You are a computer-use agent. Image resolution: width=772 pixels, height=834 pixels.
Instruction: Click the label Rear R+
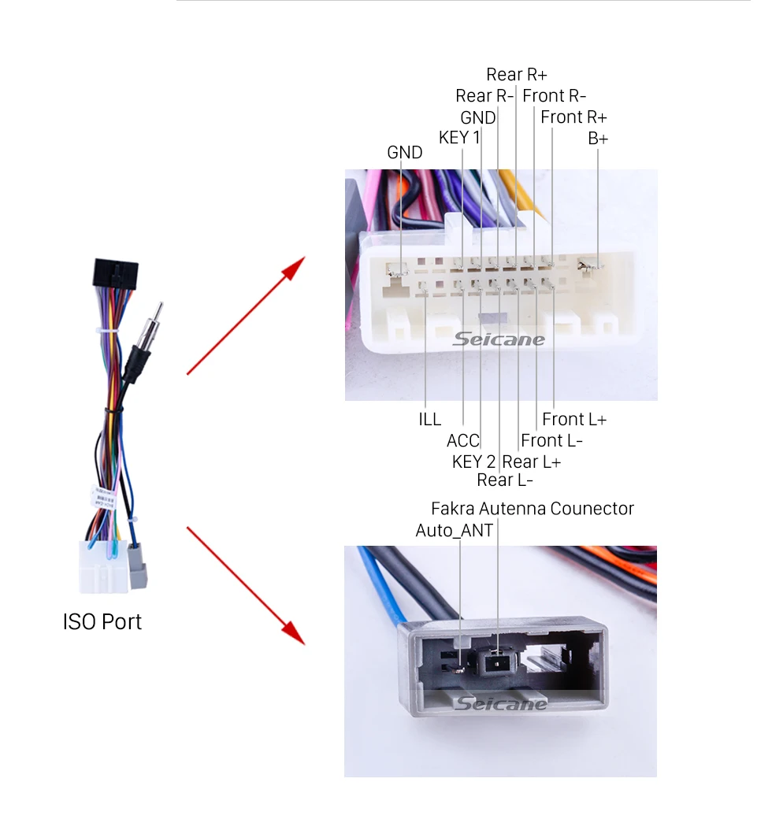pos(516,75)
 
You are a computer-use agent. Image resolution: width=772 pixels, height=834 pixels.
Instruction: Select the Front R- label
pos(554,96)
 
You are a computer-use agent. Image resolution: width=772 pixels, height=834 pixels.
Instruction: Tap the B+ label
pos(598,139)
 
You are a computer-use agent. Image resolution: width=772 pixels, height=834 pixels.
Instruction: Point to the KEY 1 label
pos(458,138)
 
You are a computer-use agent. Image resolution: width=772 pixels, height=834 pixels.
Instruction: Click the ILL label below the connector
pos(429,420)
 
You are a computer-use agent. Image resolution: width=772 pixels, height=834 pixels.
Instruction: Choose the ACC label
pos(462,441)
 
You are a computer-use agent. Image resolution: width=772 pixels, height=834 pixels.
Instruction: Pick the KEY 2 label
pos(473,462)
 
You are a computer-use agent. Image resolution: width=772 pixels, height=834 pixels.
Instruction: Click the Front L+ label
pos(574,420)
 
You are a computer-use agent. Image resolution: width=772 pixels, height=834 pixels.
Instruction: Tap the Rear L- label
pos(505,480)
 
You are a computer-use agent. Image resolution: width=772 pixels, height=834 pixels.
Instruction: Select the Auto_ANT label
pos(454,531)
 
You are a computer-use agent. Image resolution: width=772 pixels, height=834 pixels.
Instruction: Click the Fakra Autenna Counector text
pos(532,509)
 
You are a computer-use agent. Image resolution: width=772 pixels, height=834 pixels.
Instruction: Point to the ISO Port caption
pos(102,622)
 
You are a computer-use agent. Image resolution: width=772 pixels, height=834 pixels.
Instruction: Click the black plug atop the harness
pos(115,273)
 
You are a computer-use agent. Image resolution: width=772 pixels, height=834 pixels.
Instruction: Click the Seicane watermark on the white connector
pos(499,339)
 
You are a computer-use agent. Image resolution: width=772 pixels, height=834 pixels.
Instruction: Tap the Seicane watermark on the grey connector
pos(500,703)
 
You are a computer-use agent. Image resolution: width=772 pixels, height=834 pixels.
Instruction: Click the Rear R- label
pos(484,96)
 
